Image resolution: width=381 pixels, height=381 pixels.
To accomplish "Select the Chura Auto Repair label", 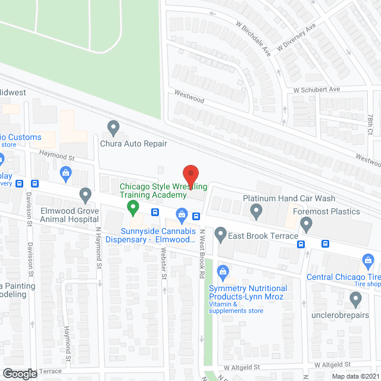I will pyautogui.click(x=133, y=143).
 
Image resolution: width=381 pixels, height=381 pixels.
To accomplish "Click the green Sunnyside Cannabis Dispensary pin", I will pyautogui.click(x=133, y=208).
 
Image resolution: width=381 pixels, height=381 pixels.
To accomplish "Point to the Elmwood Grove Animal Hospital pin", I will pyautogui.click(x=85, y=194).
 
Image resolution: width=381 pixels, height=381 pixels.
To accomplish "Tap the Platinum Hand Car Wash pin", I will pyautogui.click(x=257, y=210).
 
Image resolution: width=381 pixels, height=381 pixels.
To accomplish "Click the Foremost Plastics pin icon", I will pyautogui.click(x=307, y=224).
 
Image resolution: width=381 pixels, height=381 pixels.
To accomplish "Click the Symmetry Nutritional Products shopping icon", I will pyautogui.click(x=223, y=273).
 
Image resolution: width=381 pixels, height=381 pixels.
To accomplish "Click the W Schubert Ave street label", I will pyautogui.click(x=316, y=89).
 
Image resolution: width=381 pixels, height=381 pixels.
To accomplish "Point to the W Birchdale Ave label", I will pyautogui.click(x=252, y=40).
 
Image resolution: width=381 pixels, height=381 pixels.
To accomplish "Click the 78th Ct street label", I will pyautogui.click(x=370, y=124).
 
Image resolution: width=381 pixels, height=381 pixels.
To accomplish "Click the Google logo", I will pyautogui.click(x=19, y=373).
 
